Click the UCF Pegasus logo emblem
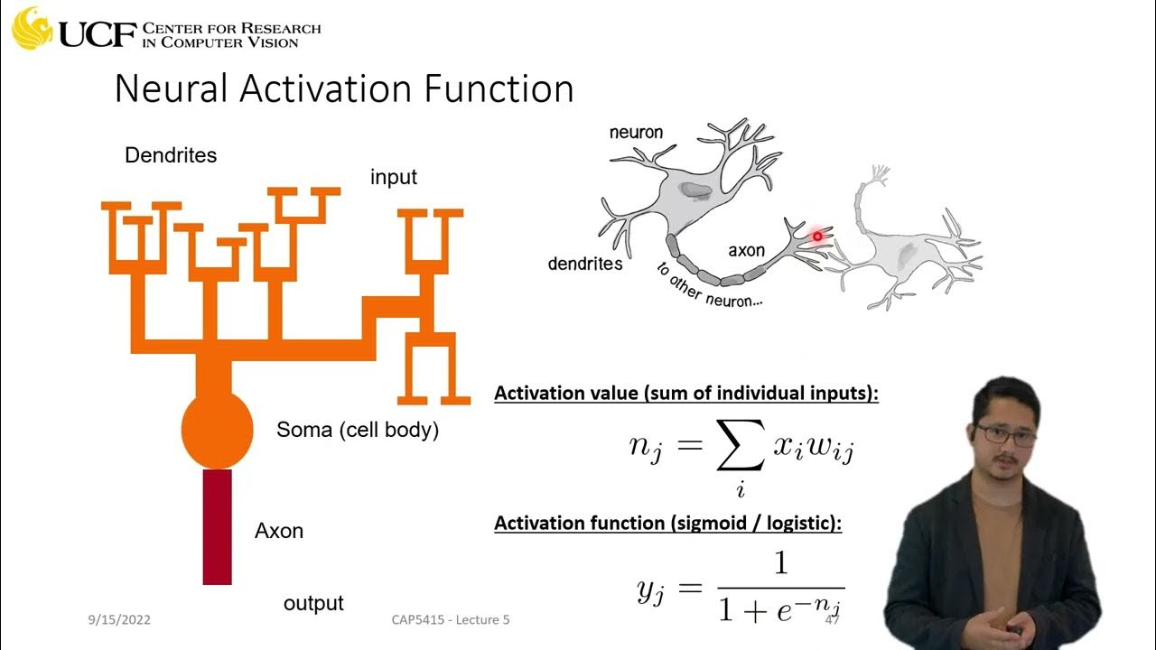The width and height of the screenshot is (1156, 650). (33, 29)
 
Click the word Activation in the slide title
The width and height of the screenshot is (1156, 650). (342, 89)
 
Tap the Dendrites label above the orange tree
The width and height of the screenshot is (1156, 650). (171, 155)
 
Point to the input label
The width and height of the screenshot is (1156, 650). (394, 177)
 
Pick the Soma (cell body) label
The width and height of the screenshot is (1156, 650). (358, 430)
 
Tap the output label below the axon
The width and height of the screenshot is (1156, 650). (313, 603)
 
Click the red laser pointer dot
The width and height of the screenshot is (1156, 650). (817, 237)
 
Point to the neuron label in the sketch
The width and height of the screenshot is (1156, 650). (636, 133)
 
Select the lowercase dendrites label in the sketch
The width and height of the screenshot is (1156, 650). (585, 264)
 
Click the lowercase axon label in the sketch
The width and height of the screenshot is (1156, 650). (747, 250)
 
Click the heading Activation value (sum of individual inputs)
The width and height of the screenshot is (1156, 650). (686, 395)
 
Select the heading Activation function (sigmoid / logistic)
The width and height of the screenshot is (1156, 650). (668, 524)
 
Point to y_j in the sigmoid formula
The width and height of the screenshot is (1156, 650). (651, 590)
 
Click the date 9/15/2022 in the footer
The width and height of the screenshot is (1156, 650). (119, 620)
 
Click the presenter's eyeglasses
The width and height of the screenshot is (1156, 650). (1005, 434)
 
